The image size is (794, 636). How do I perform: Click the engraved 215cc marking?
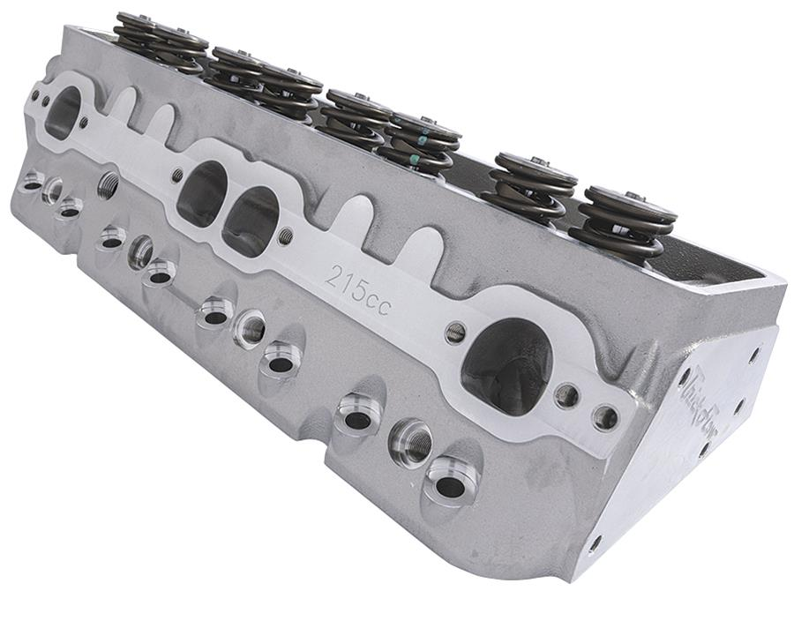357,287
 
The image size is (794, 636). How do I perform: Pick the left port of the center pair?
202,192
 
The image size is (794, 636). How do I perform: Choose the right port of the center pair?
251,221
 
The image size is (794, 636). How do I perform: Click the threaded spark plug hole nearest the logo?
411,441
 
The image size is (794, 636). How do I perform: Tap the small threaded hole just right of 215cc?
455,333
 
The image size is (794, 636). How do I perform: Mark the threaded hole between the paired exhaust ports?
285,236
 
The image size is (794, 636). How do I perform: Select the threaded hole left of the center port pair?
176,175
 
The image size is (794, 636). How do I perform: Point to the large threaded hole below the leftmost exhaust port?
109,184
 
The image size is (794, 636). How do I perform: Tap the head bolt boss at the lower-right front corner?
451,484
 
